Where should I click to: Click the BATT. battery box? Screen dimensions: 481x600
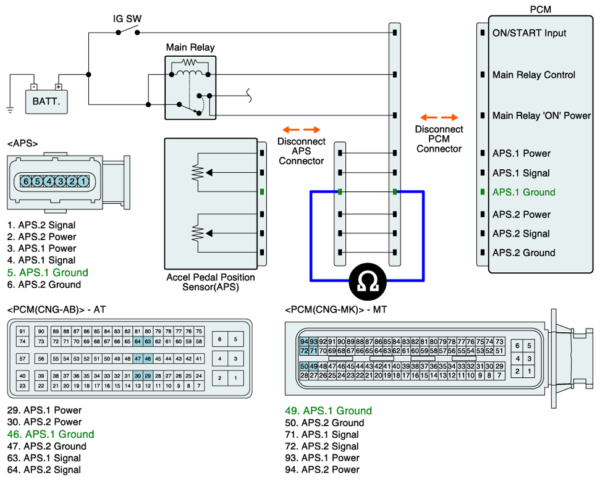click(x=46, y=101)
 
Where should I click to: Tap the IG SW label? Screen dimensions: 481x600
click(x=127, y=19)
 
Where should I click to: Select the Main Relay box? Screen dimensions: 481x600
click(x=190, y=88)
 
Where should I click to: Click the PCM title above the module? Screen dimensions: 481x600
click(x=541, y=9)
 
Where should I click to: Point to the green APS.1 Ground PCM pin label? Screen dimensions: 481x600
click(x=523, y=192)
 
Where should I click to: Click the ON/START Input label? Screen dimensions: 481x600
click(x=529, y=33)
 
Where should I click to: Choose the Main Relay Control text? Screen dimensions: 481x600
click(x=533, y=75)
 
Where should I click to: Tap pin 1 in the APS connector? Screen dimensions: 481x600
click(x=83, y=182)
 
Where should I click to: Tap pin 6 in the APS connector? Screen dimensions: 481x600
click(x=26, y=182)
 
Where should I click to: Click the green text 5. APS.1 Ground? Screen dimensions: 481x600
click(x=48, y=272)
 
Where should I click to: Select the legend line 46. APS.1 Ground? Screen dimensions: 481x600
click(x=51, y=434)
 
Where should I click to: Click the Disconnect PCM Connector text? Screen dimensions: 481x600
click(x=439, y=138)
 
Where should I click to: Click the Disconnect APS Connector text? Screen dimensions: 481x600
click(x=301, y=151)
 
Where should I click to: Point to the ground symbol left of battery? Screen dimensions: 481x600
click(x=10, y=109)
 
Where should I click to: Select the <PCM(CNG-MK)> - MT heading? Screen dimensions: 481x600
click(x=336, y=309)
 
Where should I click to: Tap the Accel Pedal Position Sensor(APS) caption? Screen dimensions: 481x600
click(x=211, y=282)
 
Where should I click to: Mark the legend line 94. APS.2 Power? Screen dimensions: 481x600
click(x=322, y=469)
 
